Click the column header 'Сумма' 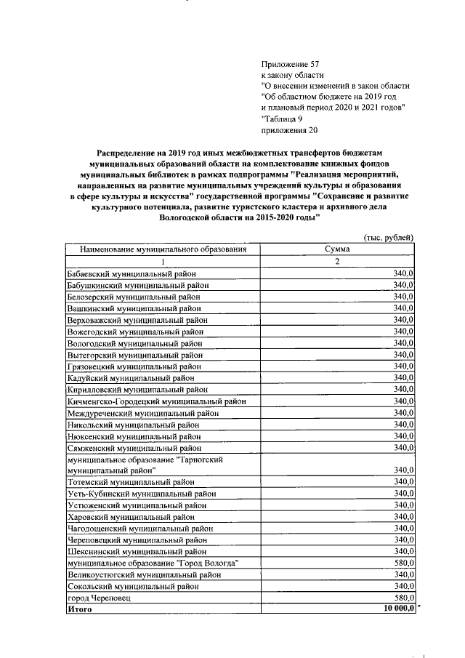(337, 249)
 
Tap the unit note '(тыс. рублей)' (389, 237)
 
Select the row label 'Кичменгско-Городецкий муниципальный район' (156, 401)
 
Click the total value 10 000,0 (393, 609)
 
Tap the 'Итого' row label (79, 609)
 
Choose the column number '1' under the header (163, 261)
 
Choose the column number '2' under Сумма (337, 261)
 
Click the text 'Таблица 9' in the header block (284, 119)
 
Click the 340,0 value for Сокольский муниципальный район (403, 585)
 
